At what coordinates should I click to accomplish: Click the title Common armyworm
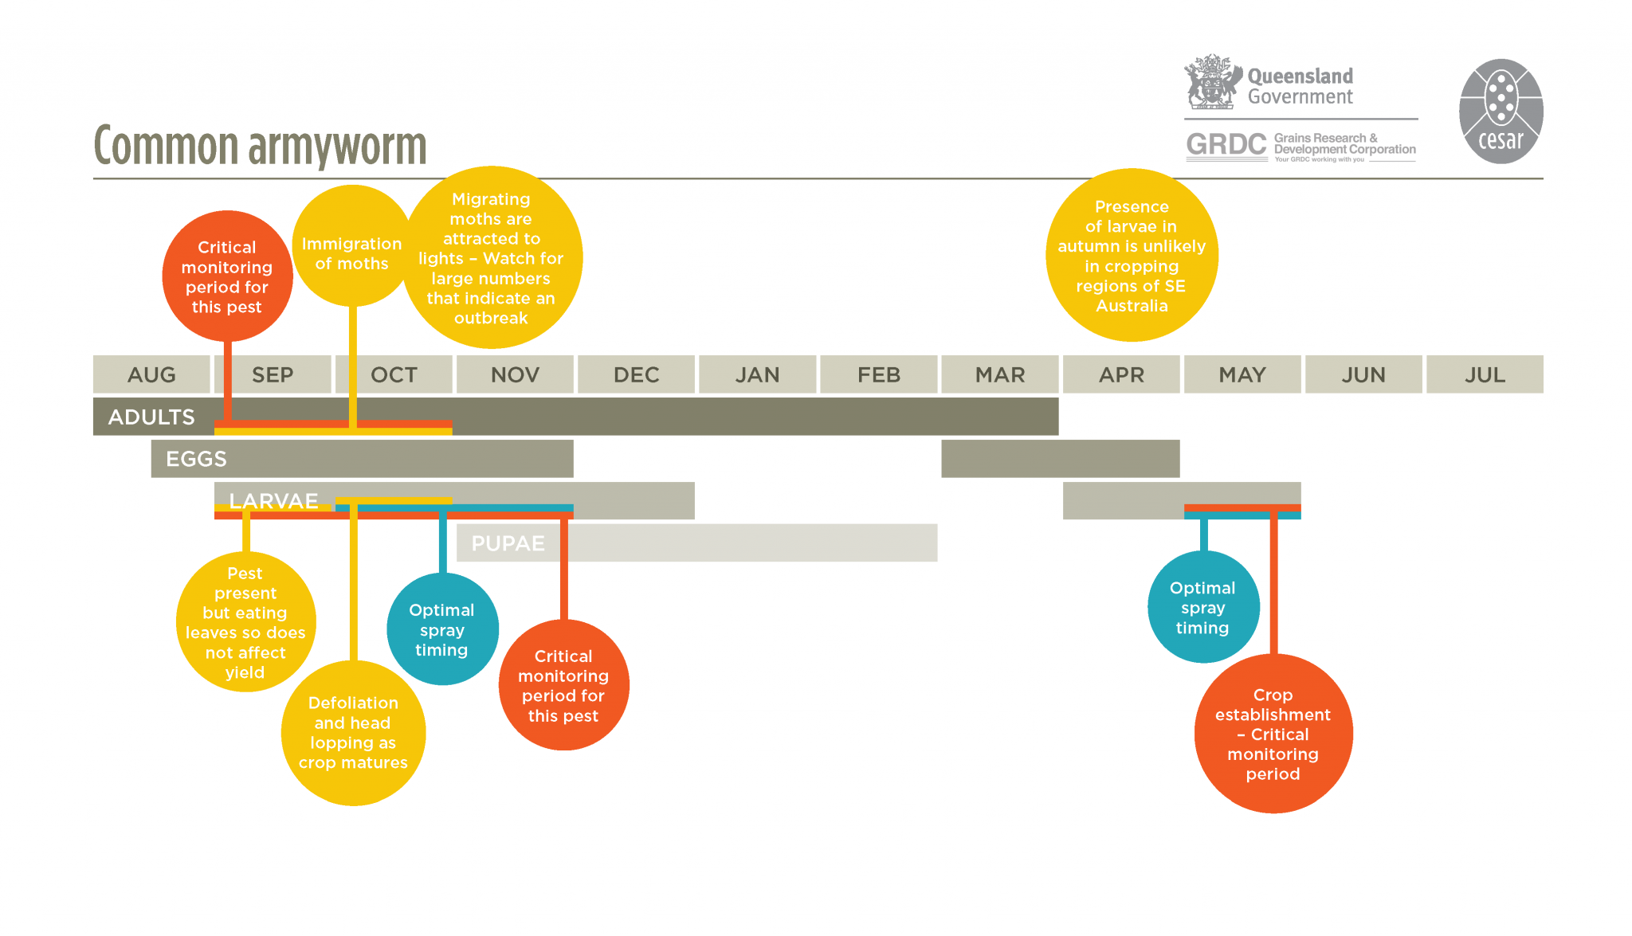(x=260, y=146)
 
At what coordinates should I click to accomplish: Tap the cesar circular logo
(x=1501, y=112)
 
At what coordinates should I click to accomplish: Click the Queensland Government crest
(x=1212, y=82)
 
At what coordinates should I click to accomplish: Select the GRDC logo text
(x=1226, y=145)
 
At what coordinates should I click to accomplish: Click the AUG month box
(x=151, y=374)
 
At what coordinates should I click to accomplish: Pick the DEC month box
(x=636, y=374)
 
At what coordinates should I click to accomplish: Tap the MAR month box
(x=1000, y=374)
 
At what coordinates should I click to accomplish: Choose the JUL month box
(x=1485, y=374)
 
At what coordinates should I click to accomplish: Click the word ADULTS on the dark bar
(x=151, y=417)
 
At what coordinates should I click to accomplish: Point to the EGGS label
(x=196, y=459)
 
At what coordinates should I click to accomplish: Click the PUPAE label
(x=508, y=543)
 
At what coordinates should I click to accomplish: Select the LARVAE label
(x=273, y=500)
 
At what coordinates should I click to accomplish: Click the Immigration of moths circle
(x=351, y=247)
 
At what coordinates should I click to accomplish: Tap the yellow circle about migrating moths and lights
(x=492, y=257)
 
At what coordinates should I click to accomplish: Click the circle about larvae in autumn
(x=1132, y=256)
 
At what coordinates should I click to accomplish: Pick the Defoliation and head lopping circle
(x=353, y=733)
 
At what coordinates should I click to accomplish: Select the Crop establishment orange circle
(x=1273, y=734)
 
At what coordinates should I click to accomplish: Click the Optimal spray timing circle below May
(x=1202, y=607)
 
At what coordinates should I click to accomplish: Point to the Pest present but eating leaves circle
(x=245, y=622)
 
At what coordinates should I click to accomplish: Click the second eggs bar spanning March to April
(x=1060, y=459)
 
